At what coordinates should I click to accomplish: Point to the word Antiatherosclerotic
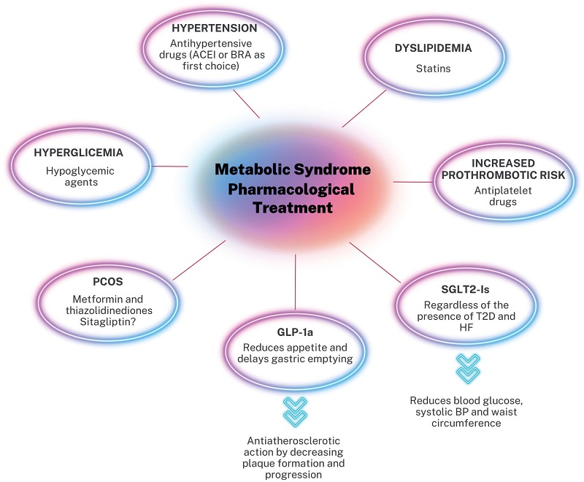(296, 441)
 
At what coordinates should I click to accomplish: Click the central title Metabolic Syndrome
(292, 169)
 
